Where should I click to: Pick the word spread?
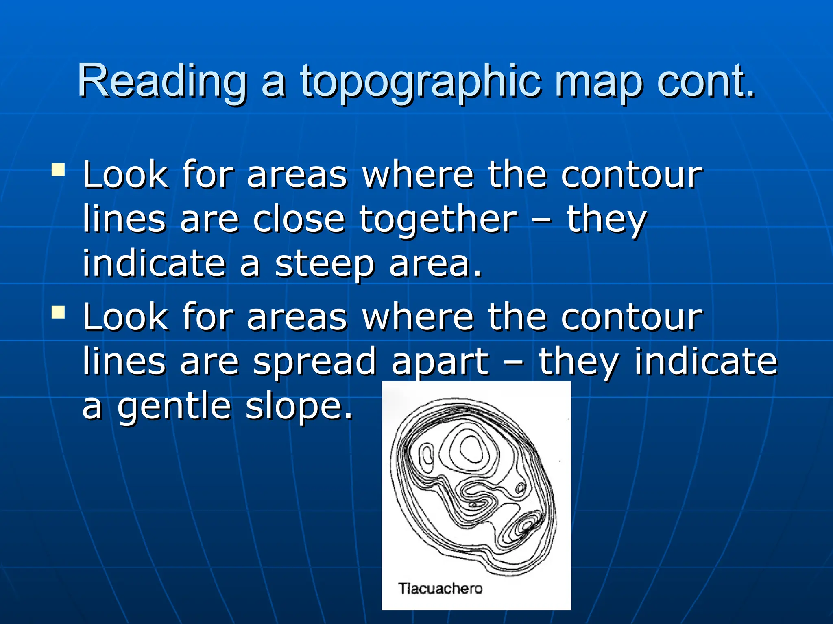[315, 362]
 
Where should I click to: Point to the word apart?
[440, 362]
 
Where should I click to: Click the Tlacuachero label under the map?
[440, 588]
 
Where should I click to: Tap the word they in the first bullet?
[606, 220]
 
